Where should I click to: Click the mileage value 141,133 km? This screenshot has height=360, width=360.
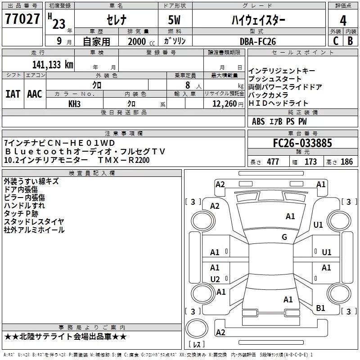[x=52, y=64]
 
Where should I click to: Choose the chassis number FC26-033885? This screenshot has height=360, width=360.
[x=302, y=143]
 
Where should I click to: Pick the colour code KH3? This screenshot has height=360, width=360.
[x=74, y=104]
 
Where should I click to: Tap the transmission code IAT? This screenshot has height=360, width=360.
[x=13, y=94]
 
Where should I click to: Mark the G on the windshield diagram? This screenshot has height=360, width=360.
[x=284, y=237]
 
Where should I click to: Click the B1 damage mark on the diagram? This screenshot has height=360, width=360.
[x=320, y=308]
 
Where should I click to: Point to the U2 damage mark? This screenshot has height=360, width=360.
[x=215, y=279]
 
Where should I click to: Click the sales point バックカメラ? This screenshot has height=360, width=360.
[x=268, y=95]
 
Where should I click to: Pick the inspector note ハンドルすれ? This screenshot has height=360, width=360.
[x=21, y=205]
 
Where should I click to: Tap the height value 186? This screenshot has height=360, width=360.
[x=346, y=162]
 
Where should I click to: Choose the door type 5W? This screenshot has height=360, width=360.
[x=175, y=20]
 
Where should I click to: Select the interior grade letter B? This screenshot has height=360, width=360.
[x=350, y=41]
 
